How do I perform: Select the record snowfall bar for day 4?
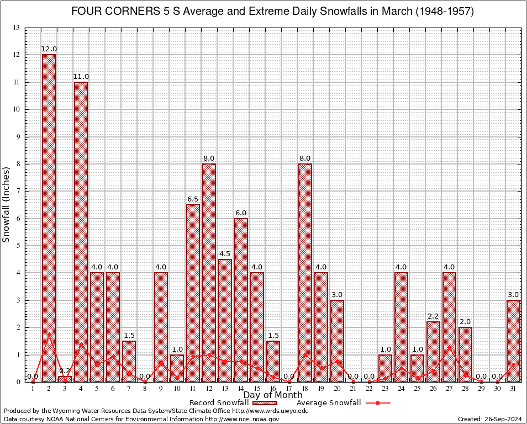point(81,232)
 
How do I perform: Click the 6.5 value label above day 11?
point(193,199)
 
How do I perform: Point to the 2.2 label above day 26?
point(433,316)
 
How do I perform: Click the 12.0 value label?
point(49,49)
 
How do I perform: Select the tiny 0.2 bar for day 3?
point(65,379)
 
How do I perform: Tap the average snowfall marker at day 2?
point(49,333)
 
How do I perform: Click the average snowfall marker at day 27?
point(449,347)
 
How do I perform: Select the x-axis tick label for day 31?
point(513,389)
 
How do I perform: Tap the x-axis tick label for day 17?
point(289,389)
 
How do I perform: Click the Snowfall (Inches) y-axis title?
point(7,204)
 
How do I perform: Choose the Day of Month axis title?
point(273,395)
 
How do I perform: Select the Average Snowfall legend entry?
point(328,402)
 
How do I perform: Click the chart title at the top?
point(272,12)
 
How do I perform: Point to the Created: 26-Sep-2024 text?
point(489,419)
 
